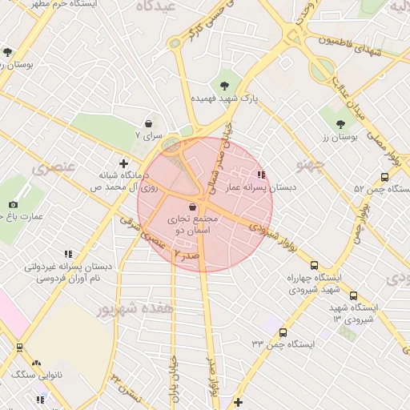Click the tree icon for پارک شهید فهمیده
click(223, 85)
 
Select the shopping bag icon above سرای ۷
click(149, 123)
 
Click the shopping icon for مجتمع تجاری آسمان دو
click(192, 207)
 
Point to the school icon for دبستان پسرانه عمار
click(260, 175)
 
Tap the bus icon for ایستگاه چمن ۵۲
click(385, 178)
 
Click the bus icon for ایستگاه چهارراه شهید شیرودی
click(314, 266)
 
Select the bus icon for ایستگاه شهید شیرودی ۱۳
click(354, 295)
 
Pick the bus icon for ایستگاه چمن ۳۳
click(282, 332)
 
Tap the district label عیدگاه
click(156, 7)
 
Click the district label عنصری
click(51, 169)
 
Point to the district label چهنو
click(309, 166)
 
